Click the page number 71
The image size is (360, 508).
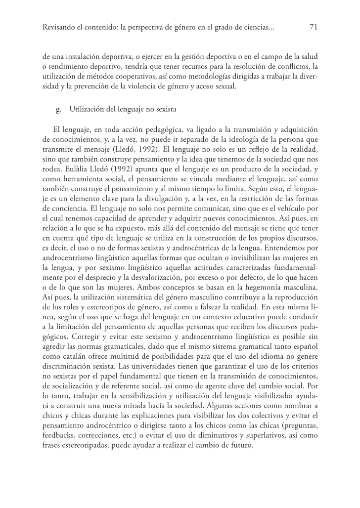[x=313, y=28]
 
